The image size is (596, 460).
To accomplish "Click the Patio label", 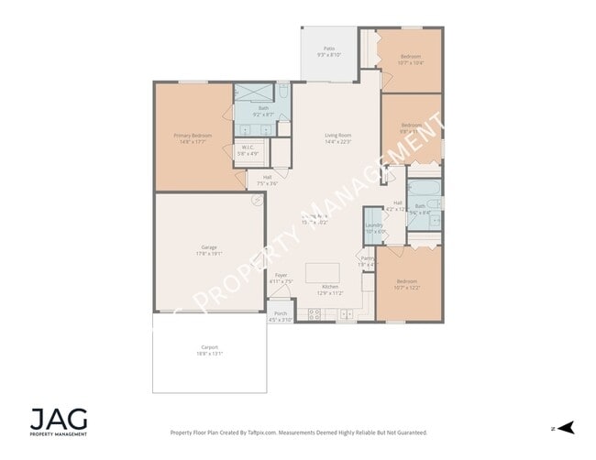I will pyautogui.click(x=328, y=48).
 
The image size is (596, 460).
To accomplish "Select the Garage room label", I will pyautogui.click(x=209, y=246).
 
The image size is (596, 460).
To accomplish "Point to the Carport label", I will pyautogui.click(x=210, y=347).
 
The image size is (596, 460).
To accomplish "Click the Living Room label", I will pyautogui.click(x=337, y=136).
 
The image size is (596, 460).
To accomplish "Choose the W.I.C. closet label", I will pyautogui.click(x=248, y=147).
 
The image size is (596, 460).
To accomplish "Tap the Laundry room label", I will pyautogui.click(x=373, y=225).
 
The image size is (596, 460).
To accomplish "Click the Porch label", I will pyautogui.click(x=280, y=313).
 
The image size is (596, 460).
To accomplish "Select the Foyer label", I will pyautogui.click(x=281, y=275).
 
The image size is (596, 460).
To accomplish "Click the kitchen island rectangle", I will pyautogui.click(x=321, y=272).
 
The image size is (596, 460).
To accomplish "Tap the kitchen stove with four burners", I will pyautogui.click(x=315, y=314).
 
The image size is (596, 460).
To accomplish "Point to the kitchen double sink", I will pyautogui.click(x=348, y=314).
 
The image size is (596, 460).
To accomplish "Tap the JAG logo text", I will pyautogui.click(x=59, y=419).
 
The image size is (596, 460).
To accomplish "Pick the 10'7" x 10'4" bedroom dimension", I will pyautogui.click(x=410, y=62).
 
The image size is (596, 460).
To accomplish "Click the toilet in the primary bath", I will pyautogui.click(x=283, y=93).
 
